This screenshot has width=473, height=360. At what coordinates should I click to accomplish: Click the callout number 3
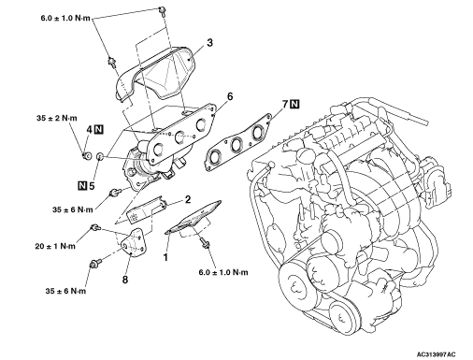[209, 42]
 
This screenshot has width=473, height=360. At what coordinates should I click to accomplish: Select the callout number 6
[230, 96]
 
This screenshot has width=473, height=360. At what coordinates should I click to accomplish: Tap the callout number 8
[125, 280]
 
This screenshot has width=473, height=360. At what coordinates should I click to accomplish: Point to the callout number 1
[165, 257]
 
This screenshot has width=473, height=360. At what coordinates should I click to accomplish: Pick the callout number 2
[188, 199]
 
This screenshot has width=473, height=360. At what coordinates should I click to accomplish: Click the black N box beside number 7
[294, 104]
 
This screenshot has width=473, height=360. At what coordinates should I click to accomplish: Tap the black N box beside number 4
[99, 129]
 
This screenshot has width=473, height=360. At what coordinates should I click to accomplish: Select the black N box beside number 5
[81, 186]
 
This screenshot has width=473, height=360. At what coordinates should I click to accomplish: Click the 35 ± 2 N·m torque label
[57, 119]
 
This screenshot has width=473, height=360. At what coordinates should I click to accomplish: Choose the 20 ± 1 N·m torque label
[55, 246]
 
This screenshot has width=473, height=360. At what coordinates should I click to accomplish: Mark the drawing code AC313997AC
[437, 354]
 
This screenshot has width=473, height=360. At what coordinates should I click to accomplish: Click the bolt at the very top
[162, 9]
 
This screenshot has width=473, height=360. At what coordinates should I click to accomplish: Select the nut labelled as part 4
[87, 154]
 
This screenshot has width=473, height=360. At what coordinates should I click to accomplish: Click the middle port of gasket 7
[236, 144]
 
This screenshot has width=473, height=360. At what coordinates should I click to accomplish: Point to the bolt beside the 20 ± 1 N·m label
[94, 228]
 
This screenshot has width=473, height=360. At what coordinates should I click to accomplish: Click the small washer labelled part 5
[101, 156]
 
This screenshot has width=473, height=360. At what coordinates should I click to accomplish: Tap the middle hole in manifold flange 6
[179, 137]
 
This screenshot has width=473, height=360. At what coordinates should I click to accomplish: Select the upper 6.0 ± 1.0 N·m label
[65, 18]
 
